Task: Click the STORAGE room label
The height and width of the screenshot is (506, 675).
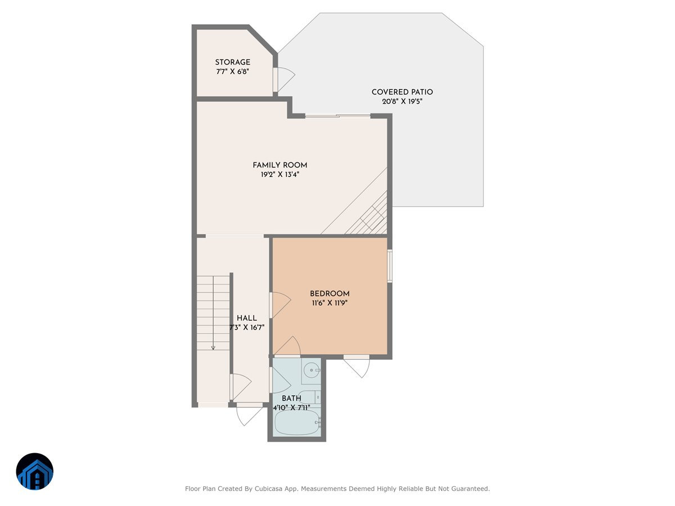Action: (232, 62)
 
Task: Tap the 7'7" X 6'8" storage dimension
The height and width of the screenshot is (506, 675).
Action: (232, 72)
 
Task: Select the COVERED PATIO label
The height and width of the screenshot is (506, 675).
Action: (402, 92)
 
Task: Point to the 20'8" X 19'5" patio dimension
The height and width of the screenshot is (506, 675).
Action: (402, 102)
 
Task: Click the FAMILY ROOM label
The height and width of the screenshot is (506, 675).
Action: (280, 165)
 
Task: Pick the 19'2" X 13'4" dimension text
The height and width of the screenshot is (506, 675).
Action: (280, 175)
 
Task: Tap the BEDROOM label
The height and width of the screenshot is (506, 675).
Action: (330, 294)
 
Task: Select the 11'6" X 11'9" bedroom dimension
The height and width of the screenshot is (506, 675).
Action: (330, 304)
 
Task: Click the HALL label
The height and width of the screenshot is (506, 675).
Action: (246, 318)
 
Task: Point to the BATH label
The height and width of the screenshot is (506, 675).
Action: (291, 399)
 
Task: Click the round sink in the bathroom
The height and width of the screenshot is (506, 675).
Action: (310, 371)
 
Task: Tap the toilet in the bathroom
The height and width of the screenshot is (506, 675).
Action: (310, 396)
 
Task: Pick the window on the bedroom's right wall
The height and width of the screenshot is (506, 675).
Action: (390, 265)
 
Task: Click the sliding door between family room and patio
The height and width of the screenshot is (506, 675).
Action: (337, 116)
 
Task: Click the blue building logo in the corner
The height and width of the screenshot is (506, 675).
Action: (34, 472)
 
